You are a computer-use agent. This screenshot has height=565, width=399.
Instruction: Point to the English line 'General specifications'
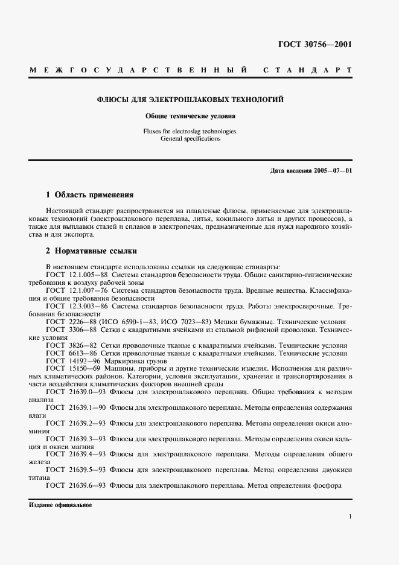click(x=191, y=138)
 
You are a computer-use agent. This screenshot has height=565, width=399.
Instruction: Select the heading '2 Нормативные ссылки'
click(x=92, y=250)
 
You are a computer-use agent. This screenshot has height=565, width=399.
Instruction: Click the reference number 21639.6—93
click(x=88, y=485)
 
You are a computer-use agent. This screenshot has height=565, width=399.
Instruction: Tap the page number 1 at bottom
click(x=350, y=517)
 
